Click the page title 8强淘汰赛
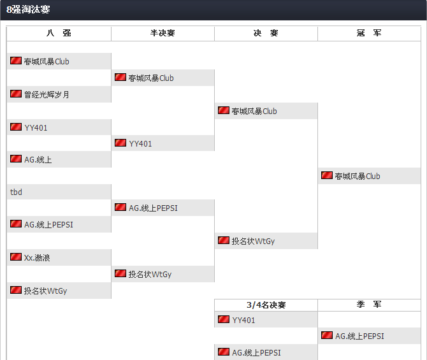point(28,10)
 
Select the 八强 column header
point(59,33)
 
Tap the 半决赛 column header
point(163,33)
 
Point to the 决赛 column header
point(266,33)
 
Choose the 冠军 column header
point(369,33)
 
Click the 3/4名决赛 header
point(266,305)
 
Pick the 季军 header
point(369,305)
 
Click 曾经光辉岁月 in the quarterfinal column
point(47,94)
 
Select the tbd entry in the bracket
point(17,192)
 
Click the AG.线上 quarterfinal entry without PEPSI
point(38,160)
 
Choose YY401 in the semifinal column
point(140,144)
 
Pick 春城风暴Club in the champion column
point(357,176)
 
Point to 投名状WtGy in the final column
point(253,241)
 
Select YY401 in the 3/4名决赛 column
point(243,320)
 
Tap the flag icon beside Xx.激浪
point(16,257)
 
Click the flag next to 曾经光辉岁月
point(16,94)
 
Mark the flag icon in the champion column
point(327,175)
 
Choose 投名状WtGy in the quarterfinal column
point(45,291)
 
